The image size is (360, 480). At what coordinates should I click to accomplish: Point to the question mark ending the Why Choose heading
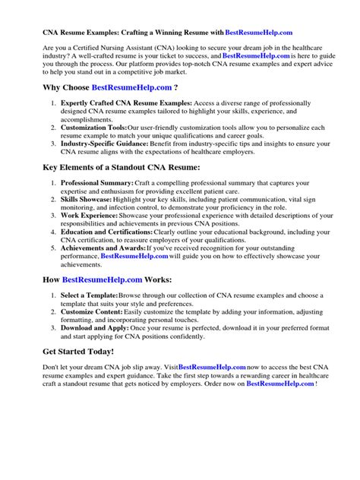177,88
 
